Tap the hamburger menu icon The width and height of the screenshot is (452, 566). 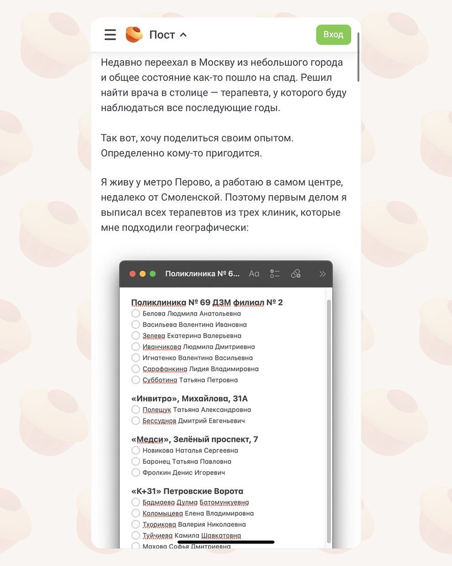click(110, 35)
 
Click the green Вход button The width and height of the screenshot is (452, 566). click(333, 34)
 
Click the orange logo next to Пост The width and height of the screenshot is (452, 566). click(134, 34)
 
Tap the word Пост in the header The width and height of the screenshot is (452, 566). click(162, 35)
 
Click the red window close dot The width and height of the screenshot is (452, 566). click(132, 274)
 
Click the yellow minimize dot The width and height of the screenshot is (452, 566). click(142, 274)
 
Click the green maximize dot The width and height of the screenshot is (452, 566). click(153, 274)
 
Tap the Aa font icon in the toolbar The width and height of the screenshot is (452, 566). click(254, 274)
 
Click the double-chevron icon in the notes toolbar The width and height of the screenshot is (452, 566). click(322, 274)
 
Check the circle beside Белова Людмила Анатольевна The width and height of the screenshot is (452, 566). click(136, 313)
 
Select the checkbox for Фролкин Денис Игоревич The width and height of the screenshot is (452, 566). click(136, 473)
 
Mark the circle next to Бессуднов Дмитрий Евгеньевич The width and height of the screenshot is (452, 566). click(136, 421)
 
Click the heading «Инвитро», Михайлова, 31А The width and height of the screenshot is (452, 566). click(189, 399)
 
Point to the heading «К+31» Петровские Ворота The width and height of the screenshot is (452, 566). click(187, 491)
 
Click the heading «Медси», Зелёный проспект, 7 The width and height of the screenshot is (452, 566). click(195, 439)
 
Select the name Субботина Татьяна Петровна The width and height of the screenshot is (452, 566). click(190, 380)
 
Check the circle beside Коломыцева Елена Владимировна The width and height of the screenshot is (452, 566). click(136, 513)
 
